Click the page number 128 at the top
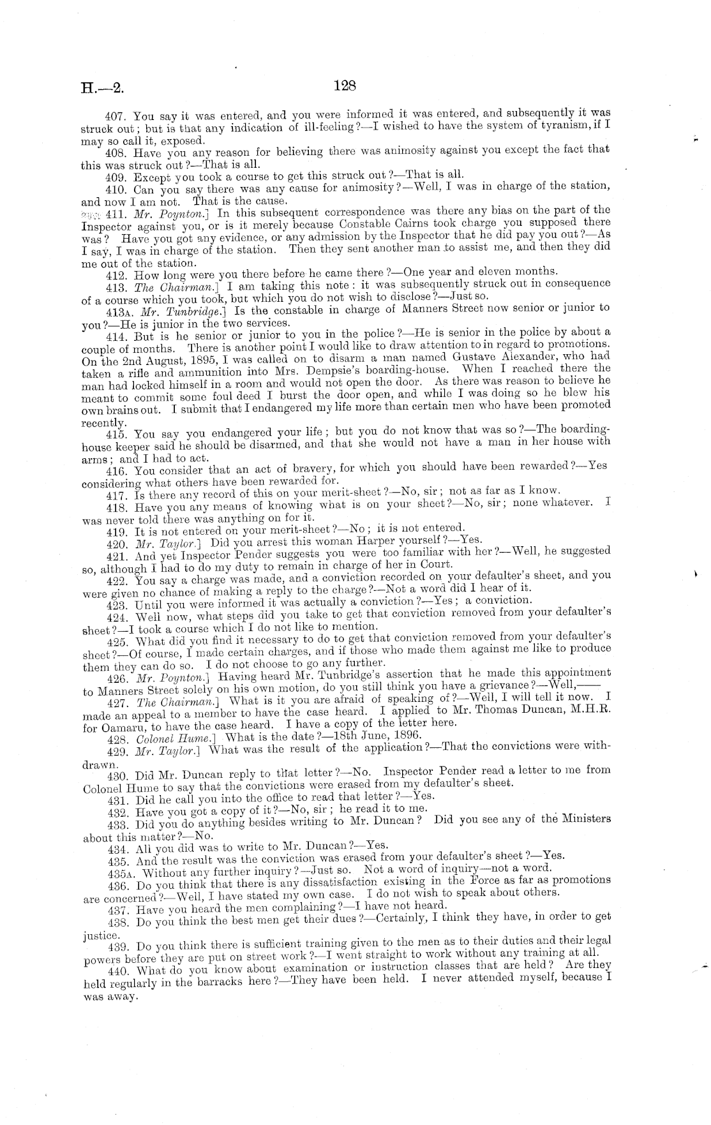344,86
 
